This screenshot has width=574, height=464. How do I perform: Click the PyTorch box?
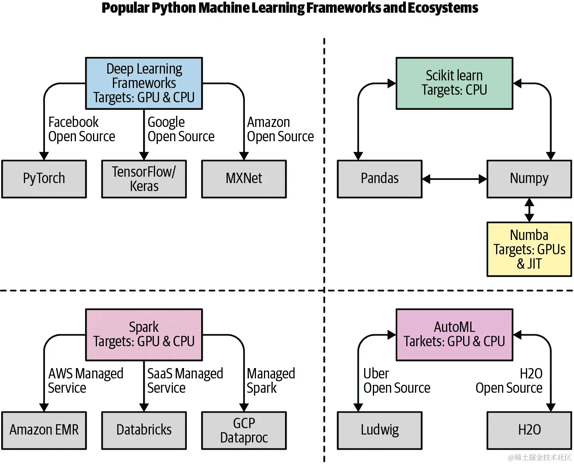(44, 179)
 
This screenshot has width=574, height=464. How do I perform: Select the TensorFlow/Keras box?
(144, 179)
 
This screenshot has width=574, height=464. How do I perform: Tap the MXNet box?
(244, 179)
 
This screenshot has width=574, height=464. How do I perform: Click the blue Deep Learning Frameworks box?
(144, 83)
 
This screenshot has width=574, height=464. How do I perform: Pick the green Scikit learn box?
(454, 83)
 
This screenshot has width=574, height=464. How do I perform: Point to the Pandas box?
(380, 179)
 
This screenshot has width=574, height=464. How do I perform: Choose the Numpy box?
(529, 179)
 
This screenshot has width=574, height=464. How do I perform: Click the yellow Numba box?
(529, 249)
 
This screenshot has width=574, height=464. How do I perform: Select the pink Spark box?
(144, 335)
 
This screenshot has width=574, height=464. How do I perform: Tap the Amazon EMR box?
(44, 430)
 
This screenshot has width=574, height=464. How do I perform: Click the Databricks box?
(144, 430)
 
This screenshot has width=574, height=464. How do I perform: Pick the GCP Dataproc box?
(244, 430)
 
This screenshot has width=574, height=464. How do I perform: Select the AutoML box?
(454, 335)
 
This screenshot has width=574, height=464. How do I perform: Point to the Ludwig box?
(380, 430)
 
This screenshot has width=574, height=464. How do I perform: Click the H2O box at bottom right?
(529, 430)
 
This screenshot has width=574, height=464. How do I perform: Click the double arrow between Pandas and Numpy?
(454, 179)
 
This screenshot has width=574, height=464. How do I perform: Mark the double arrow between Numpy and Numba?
(529, 210)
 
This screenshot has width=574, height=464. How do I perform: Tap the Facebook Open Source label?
(81, 129)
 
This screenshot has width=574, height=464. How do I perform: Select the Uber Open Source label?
(397, 381)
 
